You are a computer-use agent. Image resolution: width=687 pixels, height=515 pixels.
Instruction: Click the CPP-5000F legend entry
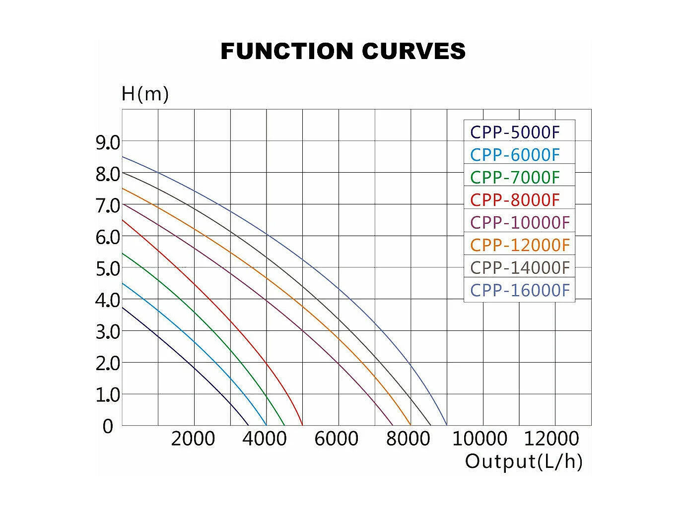[x=515, y=132]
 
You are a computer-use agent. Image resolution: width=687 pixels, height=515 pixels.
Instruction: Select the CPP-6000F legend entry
[x=515, y=155]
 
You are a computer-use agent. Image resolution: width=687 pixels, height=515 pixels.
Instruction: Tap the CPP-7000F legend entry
[x=515, y=177]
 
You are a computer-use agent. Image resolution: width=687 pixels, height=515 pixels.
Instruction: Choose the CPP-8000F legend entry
[x=515, y=200]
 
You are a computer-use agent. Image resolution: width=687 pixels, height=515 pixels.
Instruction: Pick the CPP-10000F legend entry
[x=520, y=222]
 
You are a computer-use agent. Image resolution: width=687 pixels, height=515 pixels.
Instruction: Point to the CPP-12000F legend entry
[x=520, y=245]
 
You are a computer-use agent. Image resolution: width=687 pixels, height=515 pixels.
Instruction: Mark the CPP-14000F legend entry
[x=520, y=267]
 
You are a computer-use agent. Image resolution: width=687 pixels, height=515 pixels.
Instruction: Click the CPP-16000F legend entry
[x=520, y=290]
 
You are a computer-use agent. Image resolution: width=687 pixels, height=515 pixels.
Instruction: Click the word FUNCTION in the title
[x=287, y=51]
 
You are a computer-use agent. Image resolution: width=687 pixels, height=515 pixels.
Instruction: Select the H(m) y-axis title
[x=145, y=94]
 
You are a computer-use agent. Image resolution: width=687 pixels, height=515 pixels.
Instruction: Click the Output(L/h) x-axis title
[x=524, y=461]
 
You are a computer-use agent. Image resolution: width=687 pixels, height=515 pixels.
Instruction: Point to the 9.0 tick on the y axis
[x=108, y=143]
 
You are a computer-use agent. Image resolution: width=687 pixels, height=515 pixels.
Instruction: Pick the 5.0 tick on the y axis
[x=108, y=269]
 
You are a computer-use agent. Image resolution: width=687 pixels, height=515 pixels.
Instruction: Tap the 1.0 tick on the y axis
[x=108, y=395]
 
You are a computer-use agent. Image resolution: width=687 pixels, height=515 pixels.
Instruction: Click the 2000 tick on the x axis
[x=193, y=439]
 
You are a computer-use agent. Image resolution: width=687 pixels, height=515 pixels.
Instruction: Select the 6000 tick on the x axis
[x=337, y=439]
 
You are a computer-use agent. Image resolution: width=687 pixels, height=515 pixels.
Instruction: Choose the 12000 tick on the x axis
[x=551, y=439]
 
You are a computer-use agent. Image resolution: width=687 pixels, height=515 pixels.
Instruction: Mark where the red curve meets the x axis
[x=302, y=425]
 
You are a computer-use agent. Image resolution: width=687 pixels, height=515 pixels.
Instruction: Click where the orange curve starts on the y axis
[x=123, y=188]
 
